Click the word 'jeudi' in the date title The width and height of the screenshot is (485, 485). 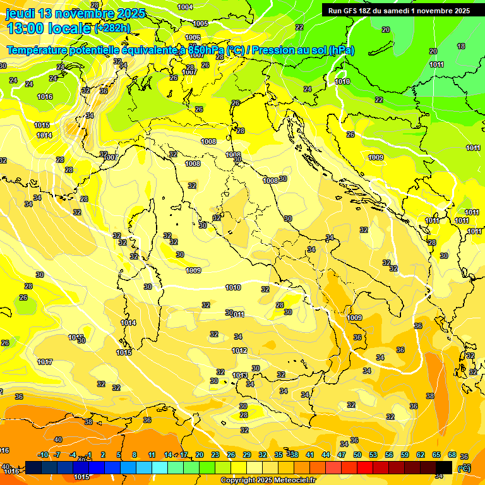coord(23,13)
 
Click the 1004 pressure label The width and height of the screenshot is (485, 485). coord(185,7)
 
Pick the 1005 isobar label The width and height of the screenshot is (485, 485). coord(200,23)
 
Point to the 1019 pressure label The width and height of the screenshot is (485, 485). coord(342,81)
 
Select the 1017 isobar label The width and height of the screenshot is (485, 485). coord(45,362)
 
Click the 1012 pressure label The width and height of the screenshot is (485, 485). coord(239,350)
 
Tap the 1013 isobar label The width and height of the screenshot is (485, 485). coord(240,375)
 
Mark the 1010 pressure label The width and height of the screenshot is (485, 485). coord(233,287)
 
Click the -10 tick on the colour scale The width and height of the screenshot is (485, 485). coord(43,455)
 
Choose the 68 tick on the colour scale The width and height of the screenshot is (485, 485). coord(452,455)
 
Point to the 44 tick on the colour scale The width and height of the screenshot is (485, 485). coord(326,455)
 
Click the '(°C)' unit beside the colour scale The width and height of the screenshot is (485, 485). coord(464,468)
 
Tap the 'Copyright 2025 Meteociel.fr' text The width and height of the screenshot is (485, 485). coord(268,480)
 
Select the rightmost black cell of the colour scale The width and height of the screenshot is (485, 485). coord(444,467)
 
